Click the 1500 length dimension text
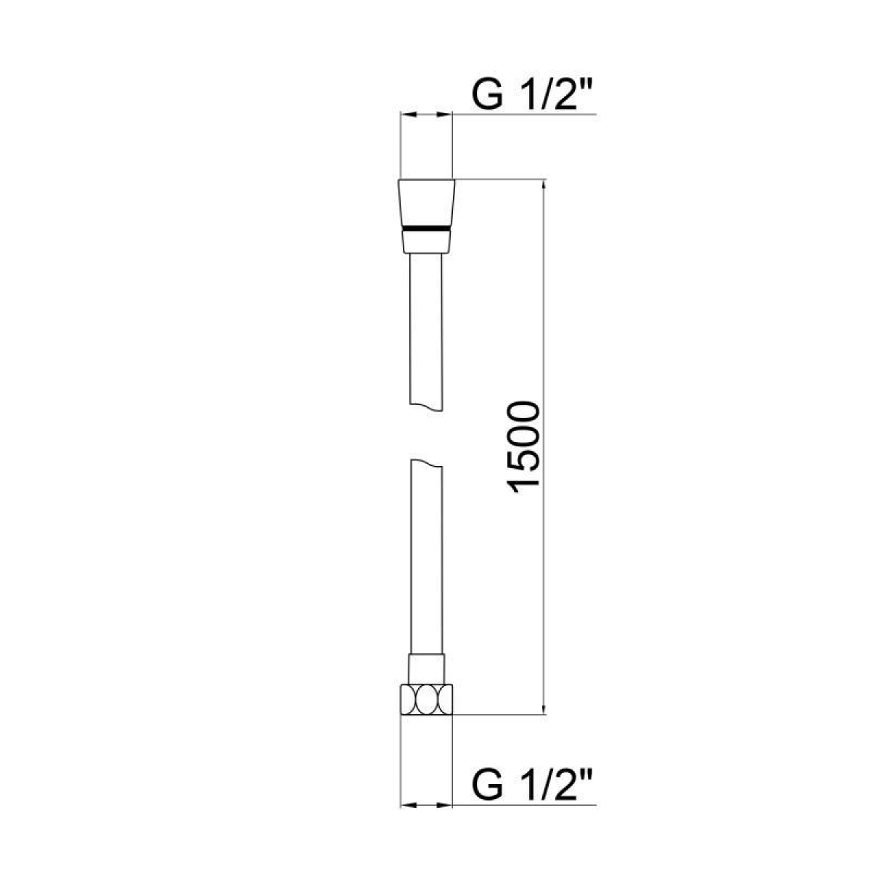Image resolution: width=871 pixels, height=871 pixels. [x=523, y=449]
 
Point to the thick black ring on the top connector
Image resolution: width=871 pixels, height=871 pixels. [x=426, y=227]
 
